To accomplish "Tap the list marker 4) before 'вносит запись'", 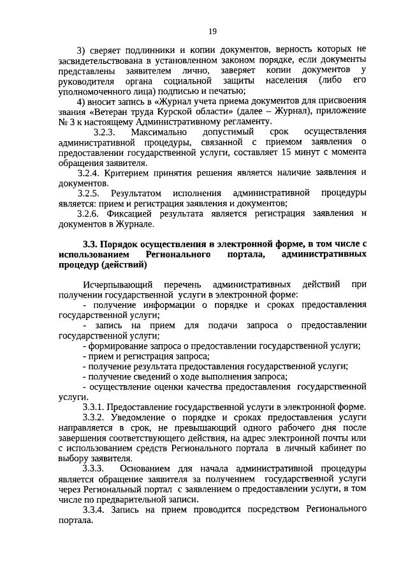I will point(81,101).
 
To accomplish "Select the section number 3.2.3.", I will point(105,132).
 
